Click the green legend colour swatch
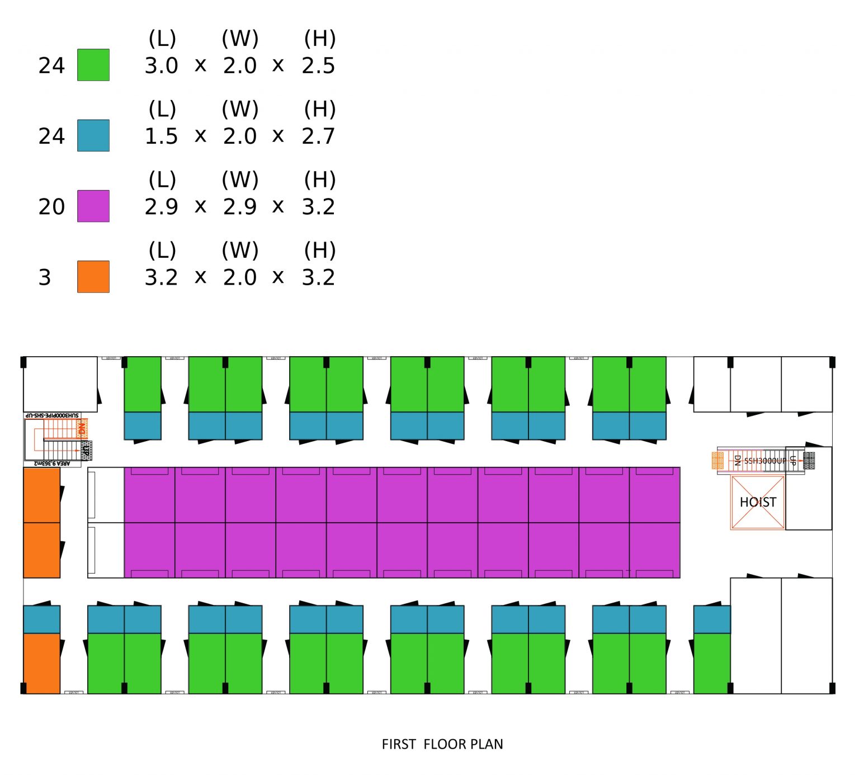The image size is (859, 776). (x=93, y=65)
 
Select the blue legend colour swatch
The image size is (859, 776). (x=93, y=135)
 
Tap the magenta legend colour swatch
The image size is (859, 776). (x=93, y=206)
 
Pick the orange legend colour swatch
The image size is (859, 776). (x=93, y=277)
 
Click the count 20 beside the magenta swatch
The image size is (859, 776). (x=51, y=207)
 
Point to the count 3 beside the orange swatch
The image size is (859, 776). (x=45, y=277)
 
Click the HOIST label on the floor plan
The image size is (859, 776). (x=758, y=502)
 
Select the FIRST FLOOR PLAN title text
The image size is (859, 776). (x=442, y=744)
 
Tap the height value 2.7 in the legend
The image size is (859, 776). (x=318, y=136)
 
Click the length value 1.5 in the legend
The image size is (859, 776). (x=161, y=136)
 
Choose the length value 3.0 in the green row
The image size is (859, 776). (x=161, y=66)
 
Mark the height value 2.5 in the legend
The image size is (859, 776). (x=318, y=66)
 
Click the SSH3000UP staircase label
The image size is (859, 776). (x=764, y=461)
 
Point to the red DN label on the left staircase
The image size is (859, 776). (x=82, y=429)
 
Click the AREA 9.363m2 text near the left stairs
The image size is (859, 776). (x=53, y=463)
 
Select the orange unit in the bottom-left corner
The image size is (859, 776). (x=41, y=663)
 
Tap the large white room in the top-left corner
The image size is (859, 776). (x=60, y=384)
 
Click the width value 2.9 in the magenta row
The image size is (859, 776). (x=240, y=207)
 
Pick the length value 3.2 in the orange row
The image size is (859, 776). (x=161, y=277)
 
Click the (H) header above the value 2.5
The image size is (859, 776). (x=320, y=38)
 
